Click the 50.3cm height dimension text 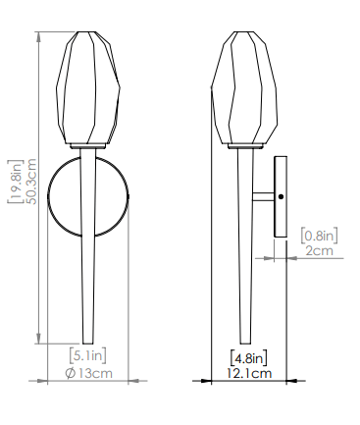[x=32, y=182]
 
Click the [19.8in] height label [x=16, y=182]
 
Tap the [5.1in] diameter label [x=88, y=356]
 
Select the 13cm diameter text [x=95, y=373]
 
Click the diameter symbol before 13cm [x=71, y=373]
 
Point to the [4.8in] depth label [x=248, y=358]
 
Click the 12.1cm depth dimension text [x=249, y=373]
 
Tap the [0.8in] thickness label [x=319, y=236]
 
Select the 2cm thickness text [x=319, y=251]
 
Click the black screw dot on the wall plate [x=281, y=197]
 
